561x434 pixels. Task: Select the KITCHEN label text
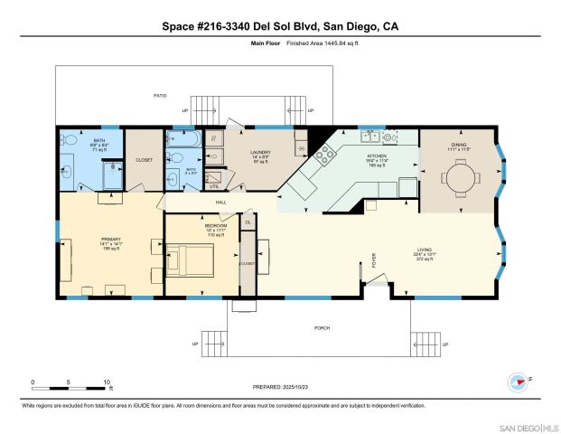coord(377,156)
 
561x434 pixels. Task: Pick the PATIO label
coord(160,95)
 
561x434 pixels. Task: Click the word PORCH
coord(323,328)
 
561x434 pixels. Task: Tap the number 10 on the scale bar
coord(108,381)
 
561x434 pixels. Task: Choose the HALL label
coord(220,203)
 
